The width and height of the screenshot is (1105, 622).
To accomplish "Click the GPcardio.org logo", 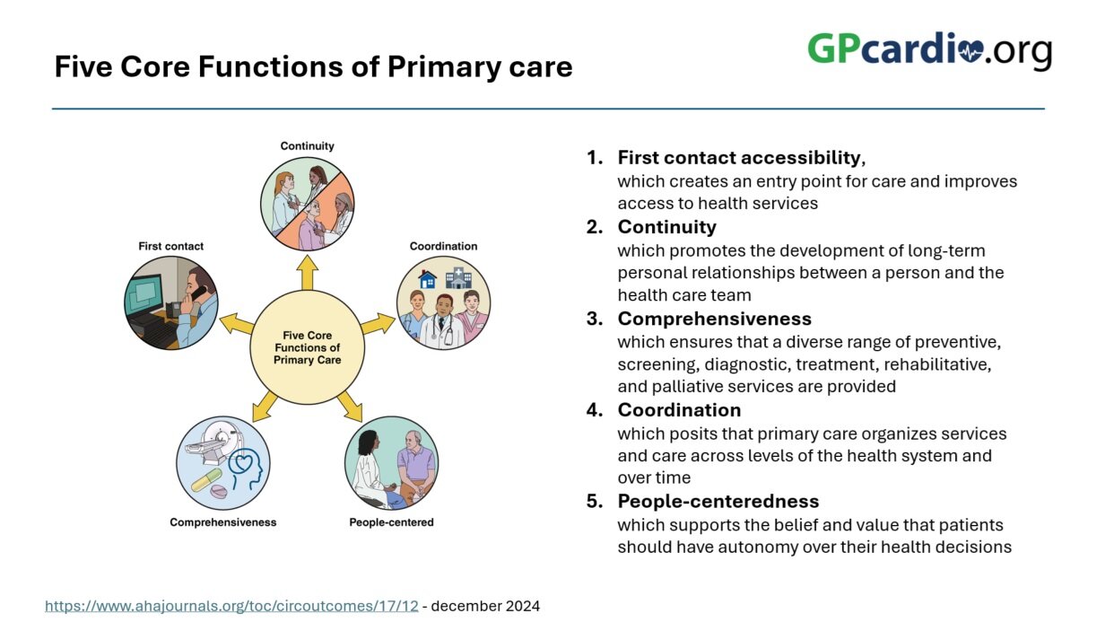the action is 929,50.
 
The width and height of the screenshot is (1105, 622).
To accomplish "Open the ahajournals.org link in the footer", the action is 231,606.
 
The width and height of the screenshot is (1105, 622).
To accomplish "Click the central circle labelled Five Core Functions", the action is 308,347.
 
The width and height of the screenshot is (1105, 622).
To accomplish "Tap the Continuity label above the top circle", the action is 308,146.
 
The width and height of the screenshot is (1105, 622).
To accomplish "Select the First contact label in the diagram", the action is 170,246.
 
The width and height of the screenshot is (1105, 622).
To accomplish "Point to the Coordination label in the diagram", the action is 443,246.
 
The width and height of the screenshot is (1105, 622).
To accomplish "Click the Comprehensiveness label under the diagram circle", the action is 223,522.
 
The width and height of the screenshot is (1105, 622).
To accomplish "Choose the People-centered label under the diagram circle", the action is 391,522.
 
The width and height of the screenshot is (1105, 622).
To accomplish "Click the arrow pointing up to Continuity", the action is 308,272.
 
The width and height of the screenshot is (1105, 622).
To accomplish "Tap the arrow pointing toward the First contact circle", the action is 236,325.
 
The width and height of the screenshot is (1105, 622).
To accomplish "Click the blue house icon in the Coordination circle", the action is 427,279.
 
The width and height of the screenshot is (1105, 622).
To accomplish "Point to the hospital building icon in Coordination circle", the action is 459,278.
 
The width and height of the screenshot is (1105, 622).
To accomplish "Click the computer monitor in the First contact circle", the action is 144,295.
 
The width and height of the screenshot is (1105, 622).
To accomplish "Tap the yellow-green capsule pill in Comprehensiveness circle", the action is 206,480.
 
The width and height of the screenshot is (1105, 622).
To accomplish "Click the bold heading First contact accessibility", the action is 739,157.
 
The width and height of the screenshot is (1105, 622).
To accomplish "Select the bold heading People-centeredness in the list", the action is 718,501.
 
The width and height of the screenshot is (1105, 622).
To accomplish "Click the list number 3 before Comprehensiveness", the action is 595,319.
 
